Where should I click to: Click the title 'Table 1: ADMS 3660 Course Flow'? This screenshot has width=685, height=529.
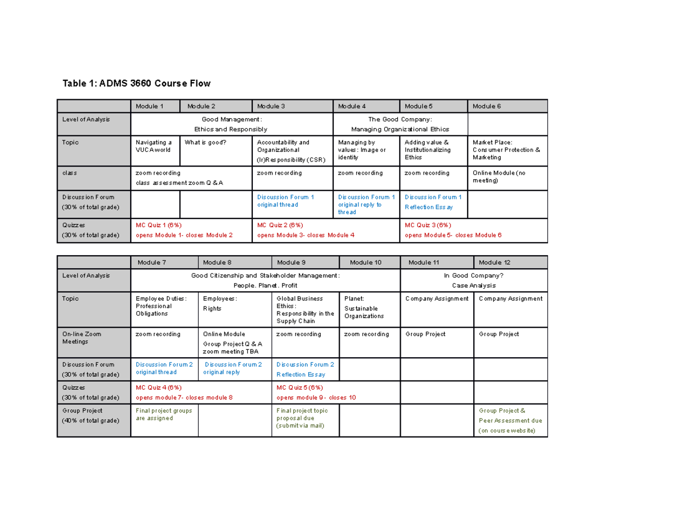[136, 84]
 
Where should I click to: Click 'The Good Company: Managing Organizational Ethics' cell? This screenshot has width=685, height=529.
[400, 124]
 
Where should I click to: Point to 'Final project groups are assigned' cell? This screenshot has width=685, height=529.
[163, 414]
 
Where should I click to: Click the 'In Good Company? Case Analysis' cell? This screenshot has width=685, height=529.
[474, 280]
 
